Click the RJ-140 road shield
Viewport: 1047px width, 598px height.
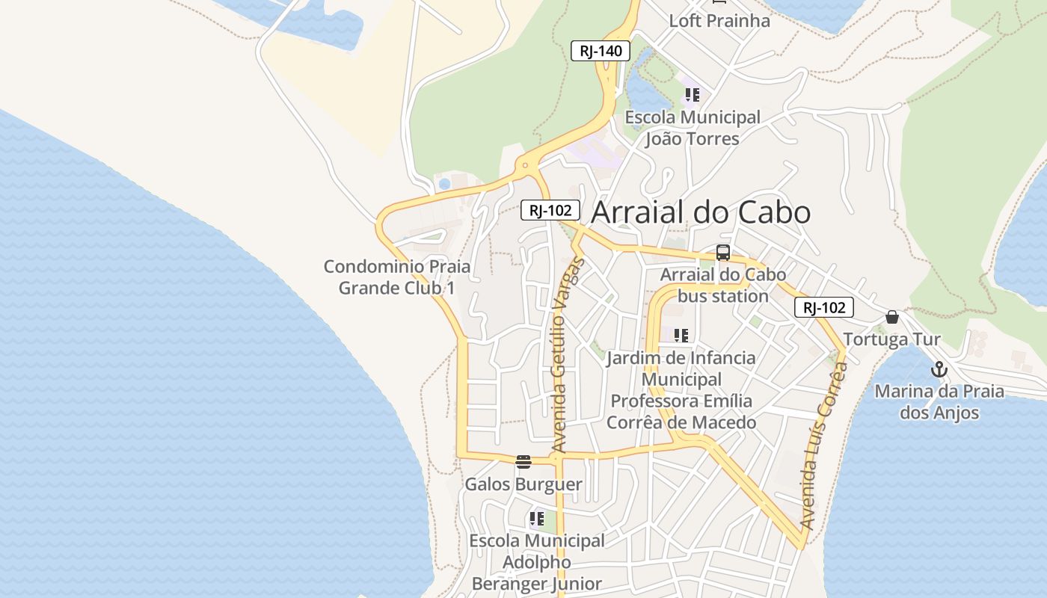pyautogui.click(x=601, y=51)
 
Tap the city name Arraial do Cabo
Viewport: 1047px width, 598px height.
pyautogui.click(x=701, y=212)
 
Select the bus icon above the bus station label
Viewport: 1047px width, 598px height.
pyautogui.click(x=722, y=253)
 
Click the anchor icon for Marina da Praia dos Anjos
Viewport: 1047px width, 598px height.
pyautogui.click(x=939, y=369)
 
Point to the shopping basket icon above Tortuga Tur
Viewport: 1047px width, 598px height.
pyautogui.click(x=891, y=317)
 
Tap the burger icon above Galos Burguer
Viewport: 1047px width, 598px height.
pyautogui.click(x=523, y=461)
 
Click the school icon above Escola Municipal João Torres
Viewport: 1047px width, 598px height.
pyautogui.click(x=692, y=95)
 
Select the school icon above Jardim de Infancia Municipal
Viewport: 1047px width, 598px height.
pyautogui.click(x=681, y=336)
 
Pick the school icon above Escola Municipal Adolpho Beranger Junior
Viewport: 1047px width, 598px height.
pyautogui.click(x=536, y=518)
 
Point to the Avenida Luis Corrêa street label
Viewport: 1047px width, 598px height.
pyautogui.click(x=823, y=446)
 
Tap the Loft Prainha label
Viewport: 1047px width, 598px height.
pyautogui.click(x=719, y=20)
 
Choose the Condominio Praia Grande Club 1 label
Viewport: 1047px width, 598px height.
pyautogui.click(x=397, y=277)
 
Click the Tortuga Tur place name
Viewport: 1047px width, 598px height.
pyautogui.click(x=891, y=339)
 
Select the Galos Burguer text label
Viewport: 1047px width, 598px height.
pyautogui.click(x=523, y=484)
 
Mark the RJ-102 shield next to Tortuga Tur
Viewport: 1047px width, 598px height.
pyautogui.click(x=824, y=307)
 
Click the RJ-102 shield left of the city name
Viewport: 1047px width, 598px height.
pyautogui.click(x=550, y=211)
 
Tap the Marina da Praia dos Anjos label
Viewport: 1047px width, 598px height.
pyautogui.click(x=939, y=401)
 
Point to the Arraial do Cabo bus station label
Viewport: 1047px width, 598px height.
pyautogui.click(x=723, y=285)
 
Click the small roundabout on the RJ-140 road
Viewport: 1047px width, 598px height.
pyautogui.click(x=526, y=165)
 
